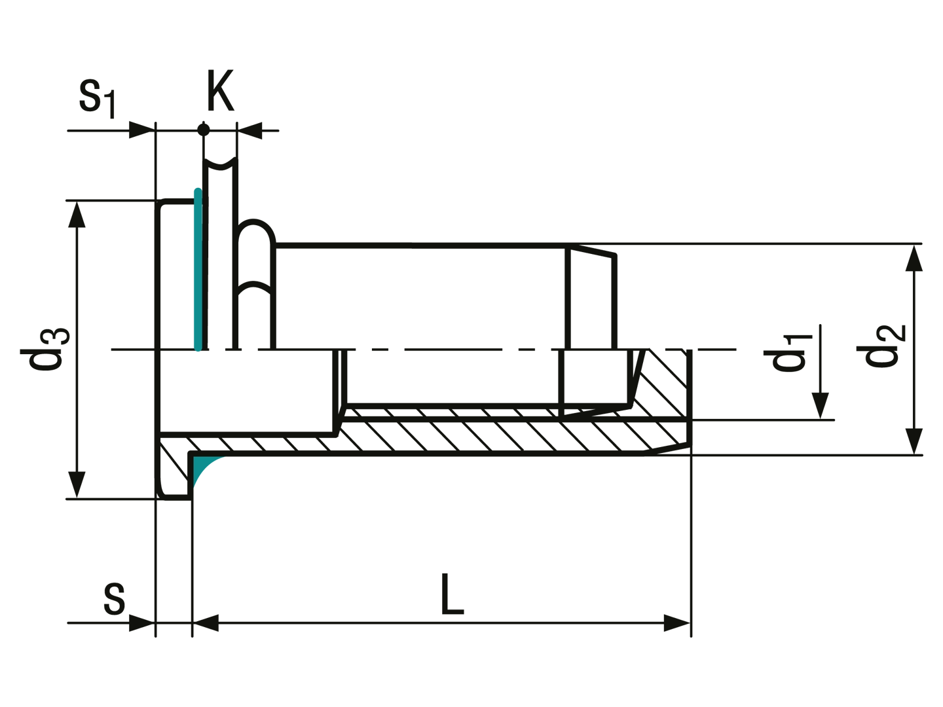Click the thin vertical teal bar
click(x=195, y=268)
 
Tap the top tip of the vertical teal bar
click(x=196, y=187)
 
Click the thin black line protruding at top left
click(x=92, y=131)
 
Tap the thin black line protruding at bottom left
click(x=92, y=623)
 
